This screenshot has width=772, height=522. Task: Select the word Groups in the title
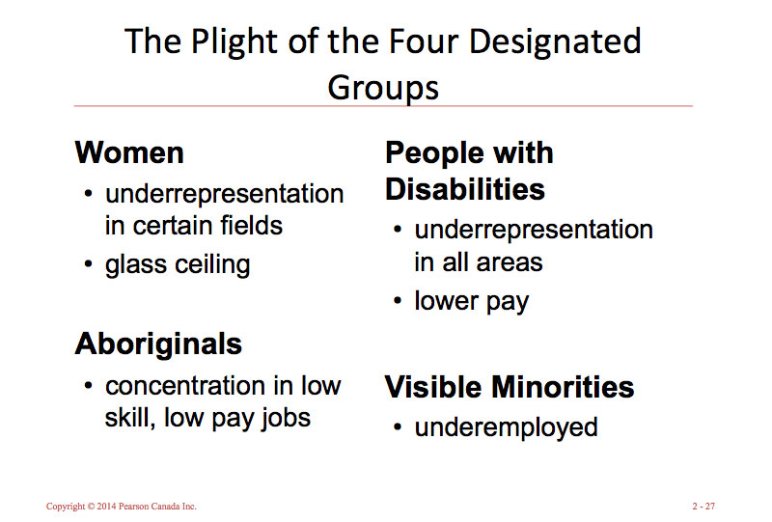[383, 87]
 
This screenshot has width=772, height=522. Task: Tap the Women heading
[129, 152]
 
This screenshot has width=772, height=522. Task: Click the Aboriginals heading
[158, 343]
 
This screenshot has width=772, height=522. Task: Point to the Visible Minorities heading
[510, 387]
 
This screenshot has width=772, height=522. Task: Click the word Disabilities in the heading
[465, 189]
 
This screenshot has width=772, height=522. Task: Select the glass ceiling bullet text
[178, 264]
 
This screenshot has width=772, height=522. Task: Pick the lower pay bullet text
[472, 301]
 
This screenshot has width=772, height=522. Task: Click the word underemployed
[506, 426]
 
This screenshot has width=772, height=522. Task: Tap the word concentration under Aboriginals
[185, 386]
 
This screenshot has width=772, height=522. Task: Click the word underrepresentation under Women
[224, 194]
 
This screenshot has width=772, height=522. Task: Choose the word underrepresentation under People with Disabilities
[534, 231]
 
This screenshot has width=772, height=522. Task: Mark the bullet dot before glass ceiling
[89, 264]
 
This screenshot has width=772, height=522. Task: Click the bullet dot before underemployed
[398, 427]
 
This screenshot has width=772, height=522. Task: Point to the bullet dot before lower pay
[398, 301]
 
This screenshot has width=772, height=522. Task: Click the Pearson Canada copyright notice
[122, 506]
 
